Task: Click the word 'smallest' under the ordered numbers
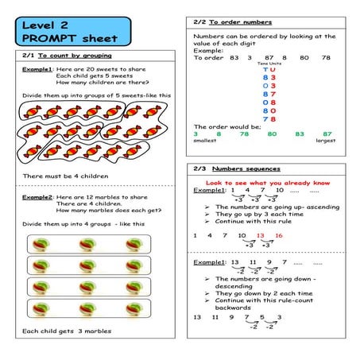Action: coord(205,141)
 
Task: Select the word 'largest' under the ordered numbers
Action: coord(325,141)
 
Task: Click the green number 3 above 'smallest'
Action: coord(195,134)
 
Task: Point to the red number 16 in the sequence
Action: coord(278,235)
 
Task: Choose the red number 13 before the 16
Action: coord(261,235)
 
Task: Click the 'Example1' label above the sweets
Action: coord(37,70)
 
